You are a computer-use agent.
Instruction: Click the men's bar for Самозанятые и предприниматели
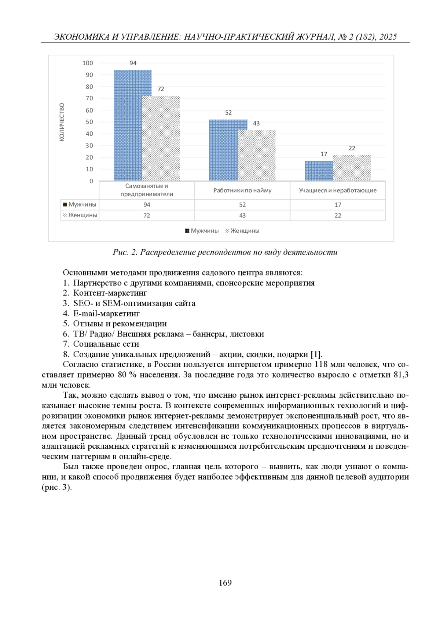[128, 125]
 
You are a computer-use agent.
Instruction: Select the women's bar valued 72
[161, 138]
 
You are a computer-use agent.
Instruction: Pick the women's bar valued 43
[257, 155]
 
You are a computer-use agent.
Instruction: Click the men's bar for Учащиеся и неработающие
[319, 171]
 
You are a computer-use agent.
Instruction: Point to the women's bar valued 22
[352, 168]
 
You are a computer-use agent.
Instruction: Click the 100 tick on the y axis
[88, 63]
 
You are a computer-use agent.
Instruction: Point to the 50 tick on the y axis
[89, 122]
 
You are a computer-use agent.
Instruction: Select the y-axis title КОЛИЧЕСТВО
[62, 122]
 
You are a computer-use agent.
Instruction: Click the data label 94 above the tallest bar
[133, 63]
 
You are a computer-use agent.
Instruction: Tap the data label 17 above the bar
[323, 154]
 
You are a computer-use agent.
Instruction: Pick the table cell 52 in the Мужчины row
[242, 205]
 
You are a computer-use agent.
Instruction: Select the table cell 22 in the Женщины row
[338, 215]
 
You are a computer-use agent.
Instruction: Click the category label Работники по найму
[242, 190]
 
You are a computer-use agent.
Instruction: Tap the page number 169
[225, 583]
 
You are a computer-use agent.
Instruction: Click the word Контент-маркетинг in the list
[110, 293]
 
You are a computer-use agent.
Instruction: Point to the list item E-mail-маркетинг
[106, 313]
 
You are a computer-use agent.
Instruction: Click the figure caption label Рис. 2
[125, 252]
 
